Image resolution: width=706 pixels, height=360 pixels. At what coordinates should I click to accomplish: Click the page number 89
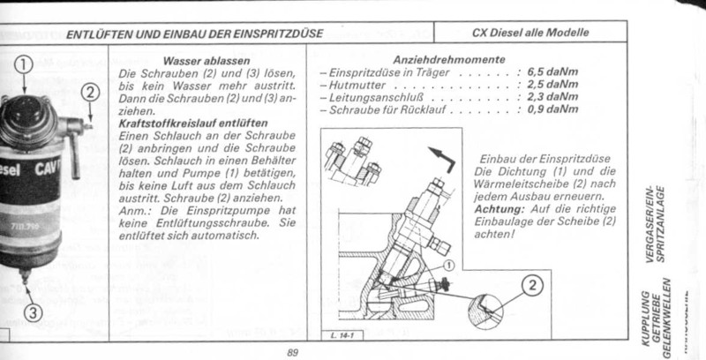click(294, 352)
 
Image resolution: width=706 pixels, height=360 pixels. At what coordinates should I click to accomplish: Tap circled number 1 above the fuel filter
click(24, 64)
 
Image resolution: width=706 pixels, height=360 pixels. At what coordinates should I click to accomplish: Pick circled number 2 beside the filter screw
click(91, 89)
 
